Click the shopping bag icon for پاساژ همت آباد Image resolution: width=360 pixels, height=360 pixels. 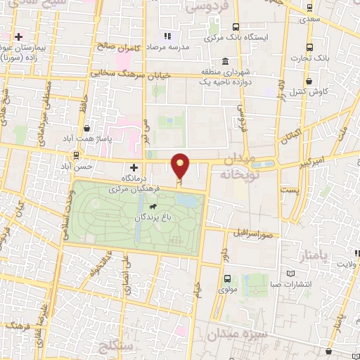tap(86, 129)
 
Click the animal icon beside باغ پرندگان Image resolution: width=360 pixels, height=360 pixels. tap(153, 207)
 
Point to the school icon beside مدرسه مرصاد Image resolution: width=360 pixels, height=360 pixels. tap(167, 36)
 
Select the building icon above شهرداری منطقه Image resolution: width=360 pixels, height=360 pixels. tap(224, 61)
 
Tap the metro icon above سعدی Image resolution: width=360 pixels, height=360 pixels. tap(310, 8)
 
